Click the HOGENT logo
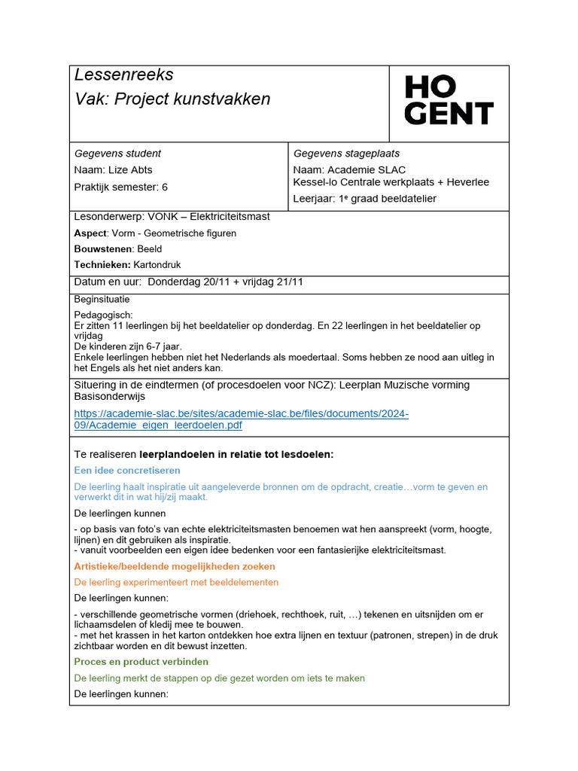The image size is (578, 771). tap(449, 100)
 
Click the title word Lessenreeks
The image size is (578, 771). tap(123, 75)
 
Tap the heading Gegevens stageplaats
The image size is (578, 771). tap(346, 154)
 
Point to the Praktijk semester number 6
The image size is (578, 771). tap(165, 187)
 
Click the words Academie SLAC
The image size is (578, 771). tap(366, 170)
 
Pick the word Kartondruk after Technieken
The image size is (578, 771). tap(157, 265)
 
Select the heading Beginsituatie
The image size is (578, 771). tap(102, 299)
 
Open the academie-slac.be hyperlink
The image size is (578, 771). tap(241, 419)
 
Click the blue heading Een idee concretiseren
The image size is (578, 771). tap(127, 471)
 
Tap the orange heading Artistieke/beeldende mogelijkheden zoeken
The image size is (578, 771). tap(175, 566)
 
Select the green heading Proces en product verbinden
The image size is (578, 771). tap(141, 662)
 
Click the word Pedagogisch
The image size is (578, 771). tap(103, 315)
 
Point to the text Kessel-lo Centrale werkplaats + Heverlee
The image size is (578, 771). tap(391, 182)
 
